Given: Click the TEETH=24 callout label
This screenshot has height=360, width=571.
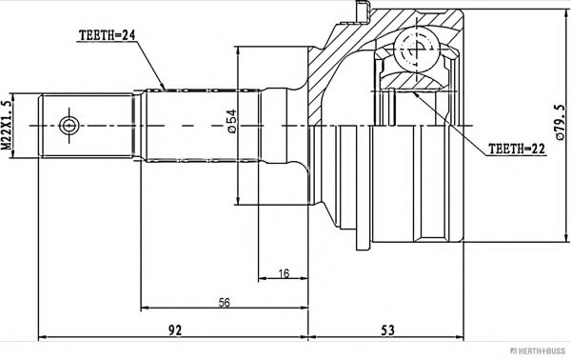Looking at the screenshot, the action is (107, 35).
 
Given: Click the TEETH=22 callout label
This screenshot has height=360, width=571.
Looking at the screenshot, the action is (517, 149).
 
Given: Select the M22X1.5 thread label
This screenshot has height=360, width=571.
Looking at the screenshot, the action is (7, 126).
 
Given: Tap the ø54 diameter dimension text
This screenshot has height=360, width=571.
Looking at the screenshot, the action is (232, 121).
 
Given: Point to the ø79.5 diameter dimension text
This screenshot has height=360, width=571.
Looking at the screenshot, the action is (560, 123).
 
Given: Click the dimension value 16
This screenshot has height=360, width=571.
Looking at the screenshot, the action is (284, 273).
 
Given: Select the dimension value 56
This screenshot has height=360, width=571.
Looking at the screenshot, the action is (225, 302).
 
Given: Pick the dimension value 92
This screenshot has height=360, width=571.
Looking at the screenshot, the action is (175, 330).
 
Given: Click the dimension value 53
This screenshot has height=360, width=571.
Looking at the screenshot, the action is (387, 330).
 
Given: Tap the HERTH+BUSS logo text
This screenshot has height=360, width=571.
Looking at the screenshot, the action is (538, 351).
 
